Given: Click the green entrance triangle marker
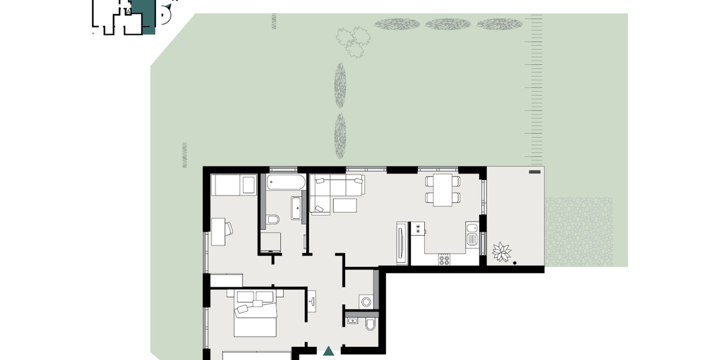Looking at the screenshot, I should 328,351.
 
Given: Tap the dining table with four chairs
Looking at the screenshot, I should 443,190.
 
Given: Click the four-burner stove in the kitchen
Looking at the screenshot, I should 445,259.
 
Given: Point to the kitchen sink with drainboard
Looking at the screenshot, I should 473,234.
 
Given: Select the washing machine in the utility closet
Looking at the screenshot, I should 366,301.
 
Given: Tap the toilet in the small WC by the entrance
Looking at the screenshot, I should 370,325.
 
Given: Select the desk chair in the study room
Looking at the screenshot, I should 229,228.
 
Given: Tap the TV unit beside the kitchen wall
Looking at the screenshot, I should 401,242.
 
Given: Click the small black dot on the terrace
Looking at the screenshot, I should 515,262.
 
